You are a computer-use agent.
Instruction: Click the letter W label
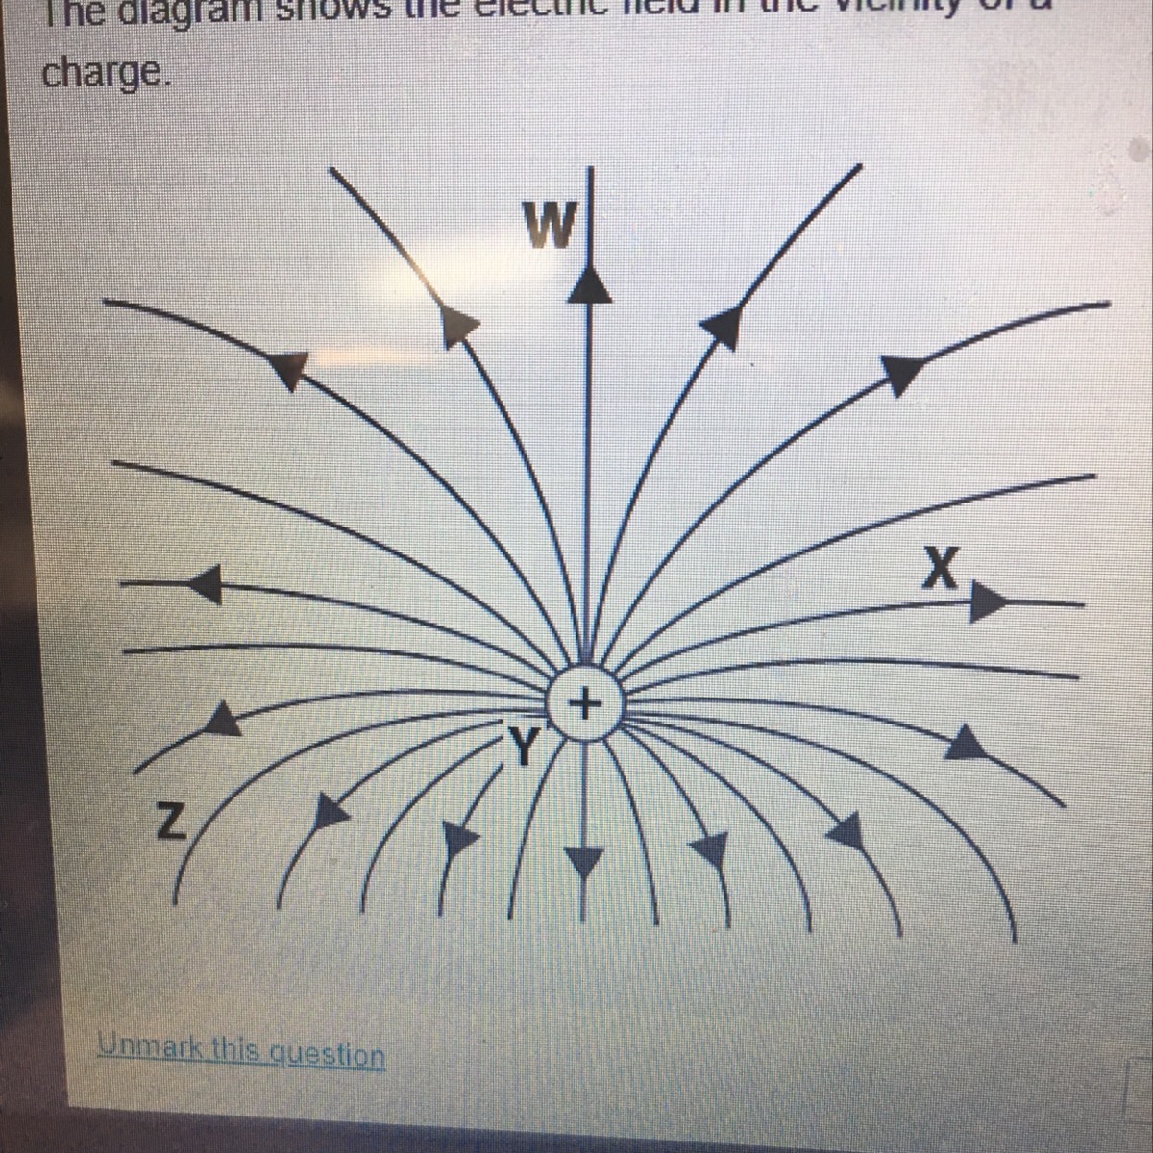pyautogui.click(x=551, y=227)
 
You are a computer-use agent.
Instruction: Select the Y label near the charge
pyautogui.click(x=527, y=745)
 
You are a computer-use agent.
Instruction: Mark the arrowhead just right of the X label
pyautogui.click(x=985, y=602)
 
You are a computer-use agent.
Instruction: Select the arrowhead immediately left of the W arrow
pyautogui.click(x=460, y=325)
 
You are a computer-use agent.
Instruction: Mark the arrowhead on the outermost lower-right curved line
pyautogui.click(x=972, y=743)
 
